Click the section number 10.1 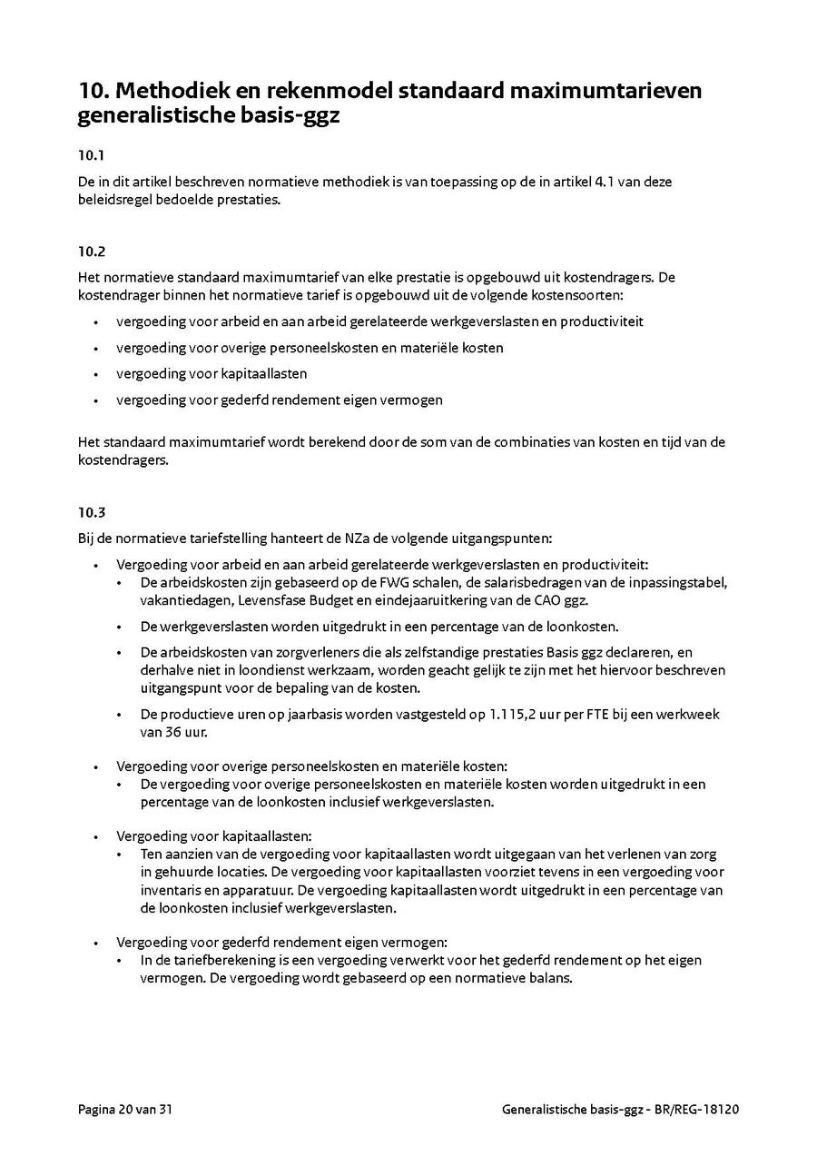click(x=92, y=155)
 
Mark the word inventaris click(x=170, y=890)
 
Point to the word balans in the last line click(x=551, y=978)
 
